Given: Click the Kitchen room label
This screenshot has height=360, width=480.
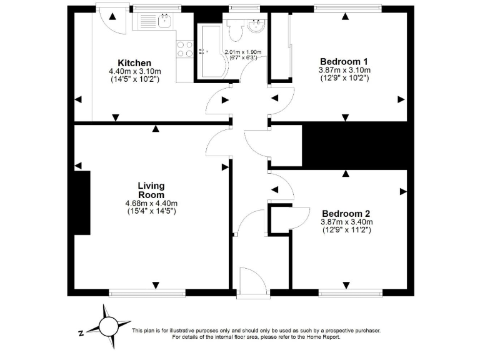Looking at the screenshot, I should pyautogui.click(x=134, y=62).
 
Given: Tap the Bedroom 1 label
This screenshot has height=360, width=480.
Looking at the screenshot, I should pyautogui.click(x=344, y=61).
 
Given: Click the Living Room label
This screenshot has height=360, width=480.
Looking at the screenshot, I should pyautogui.click(x=151, y=190).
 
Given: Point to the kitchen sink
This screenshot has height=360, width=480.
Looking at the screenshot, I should pyautogui.click(x=165, y=22).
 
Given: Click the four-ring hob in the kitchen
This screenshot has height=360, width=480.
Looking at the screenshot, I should pyautogui.click(x=184, y=49).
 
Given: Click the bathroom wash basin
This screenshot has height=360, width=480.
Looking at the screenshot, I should pyautogui.click(x=256, y=27).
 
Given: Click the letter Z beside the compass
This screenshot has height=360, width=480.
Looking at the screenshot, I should pyautogui.click(x=81, y=334).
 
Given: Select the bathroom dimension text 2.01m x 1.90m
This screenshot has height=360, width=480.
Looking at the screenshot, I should pyautogui.click(x=244, y=52).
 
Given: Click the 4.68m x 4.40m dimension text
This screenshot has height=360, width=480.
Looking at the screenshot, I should pyautogui.click(x=151, y=203).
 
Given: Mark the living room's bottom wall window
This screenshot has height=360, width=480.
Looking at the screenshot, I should pyautogui.click(x=147, y=292).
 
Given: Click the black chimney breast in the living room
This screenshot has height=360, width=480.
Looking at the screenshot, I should pyautogui.click(x=82, y=202).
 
